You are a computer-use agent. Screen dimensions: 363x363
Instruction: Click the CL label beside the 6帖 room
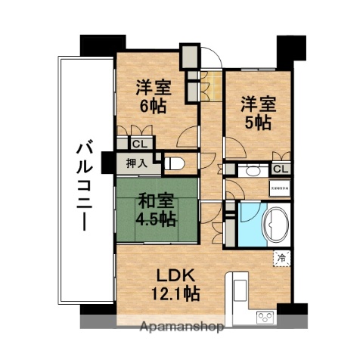140,143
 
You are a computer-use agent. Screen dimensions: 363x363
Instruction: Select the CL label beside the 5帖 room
280,169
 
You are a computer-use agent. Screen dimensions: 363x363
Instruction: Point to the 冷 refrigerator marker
281,257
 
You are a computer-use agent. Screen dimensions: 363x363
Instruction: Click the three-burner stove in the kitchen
265,316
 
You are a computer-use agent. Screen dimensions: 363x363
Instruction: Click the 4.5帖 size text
157,219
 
